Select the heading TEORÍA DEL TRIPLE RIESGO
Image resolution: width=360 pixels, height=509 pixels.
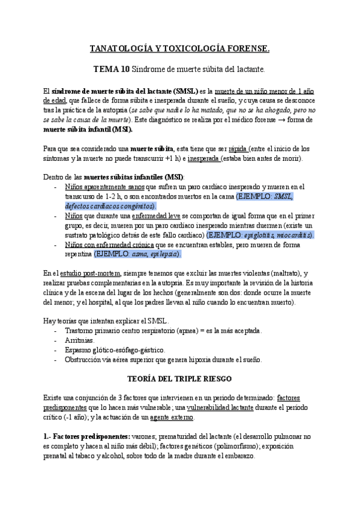point(179,380)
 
